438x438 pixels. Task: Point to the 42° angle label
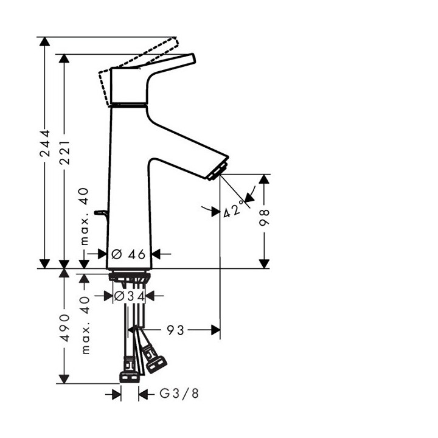232,210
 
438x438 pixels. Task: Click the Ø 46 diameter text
129,254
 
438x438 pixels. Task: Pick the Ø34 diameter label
129,296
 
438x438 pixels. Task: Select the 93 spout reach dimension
176,330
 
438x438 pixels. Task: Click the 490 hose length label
64,327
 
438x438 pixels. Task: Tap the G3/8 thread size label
179,394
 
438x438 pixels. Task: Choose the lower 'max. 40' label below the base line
85,325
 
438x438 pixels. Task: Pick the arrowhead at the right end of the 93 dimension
215,330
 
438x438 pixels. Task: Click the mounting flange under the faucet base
129,277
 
